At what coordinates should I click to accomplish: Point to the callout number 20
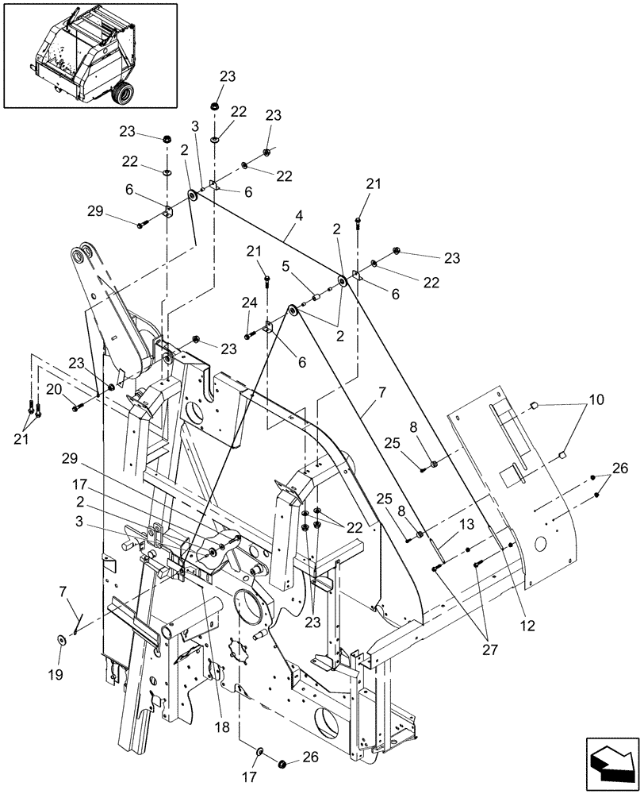coord(53,389)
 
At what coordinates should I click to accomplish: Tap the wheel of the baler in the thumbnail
coord(122,94)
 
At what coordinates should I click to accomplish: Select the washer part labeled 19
coord(61,639)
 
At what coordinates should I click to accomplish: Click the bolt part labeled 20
coord(78,407)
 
